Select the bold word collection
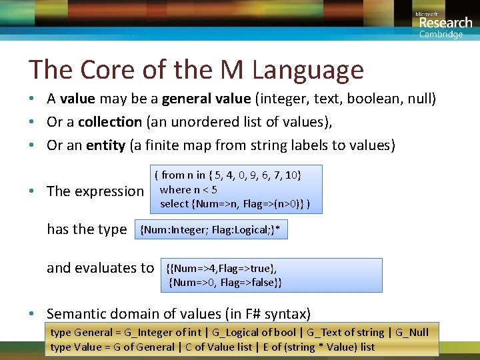pyautogui.click(x=109, y=122)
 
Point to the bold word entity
pyautogui.click(x=105, y=145)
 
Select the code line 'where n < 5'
pyautogui.click(x=189, y=189)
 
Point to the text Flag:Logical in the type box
pyautogui.click(x=241, y=231)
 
